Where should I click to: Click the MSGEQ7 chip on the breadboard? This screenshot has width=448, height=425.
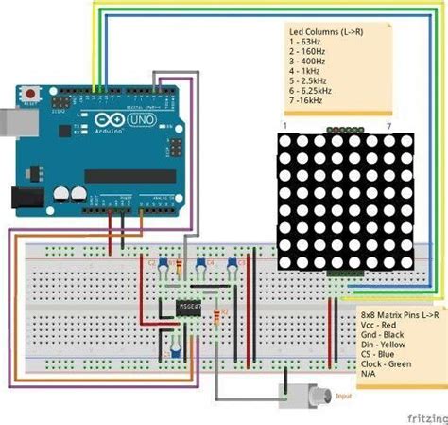point(187,309)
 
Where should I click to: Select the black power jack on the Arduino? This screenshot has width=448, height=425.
point(24,197)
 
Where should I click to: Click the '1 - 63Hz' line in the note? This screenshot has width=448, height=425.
point(308,43)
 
